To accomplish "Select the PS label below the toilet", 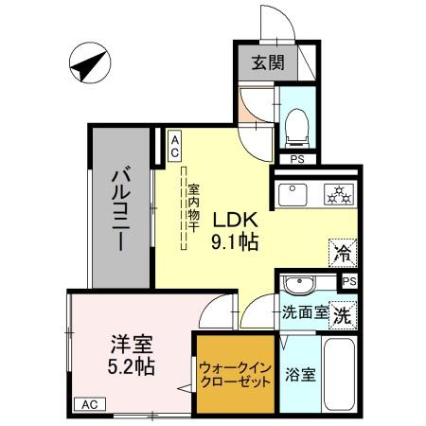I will click(x=297, y=160).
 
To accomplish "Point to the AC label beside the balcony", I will click(x=175, y=144).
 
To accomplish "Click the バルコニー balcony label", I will click(x=120, y=210).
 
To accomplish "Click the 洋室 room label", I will click(x=132, y=344).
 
